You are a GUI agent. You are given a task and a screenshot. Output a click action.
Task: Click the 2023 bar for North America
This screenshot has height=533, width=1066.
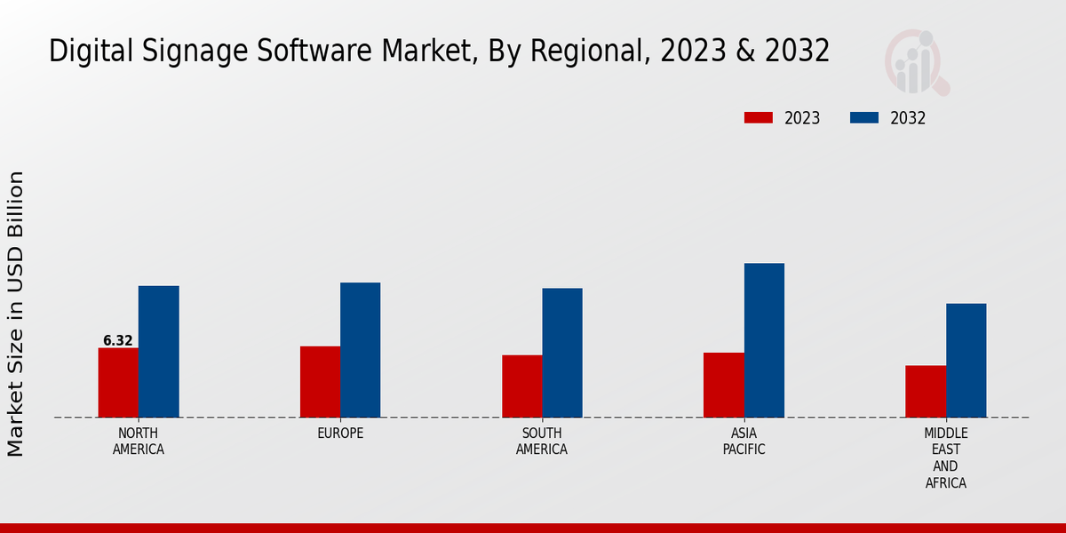point(118,383)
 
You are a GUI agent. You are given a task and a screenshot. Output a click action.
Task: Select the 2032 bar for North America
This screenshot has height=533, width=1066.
point(158,352)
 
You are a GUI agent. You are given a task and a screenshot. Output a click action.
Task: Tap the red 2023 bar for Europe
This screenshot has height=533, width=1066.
point(320,382)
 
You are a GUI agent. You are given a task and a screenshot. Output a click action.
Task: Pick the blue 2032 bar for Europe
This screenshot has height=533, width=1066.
point(360,350)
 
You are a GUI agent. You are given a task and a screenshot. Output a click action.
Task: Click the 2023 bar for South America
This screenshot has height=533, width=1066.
point(521,386)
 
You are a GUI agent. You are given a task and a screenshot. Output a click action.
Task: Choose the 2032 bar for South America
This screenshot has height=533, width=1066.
point(562,353)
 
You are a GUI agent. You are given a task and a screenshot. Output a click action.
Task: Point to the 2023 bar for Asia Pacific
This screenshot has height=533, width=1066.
point(723,385)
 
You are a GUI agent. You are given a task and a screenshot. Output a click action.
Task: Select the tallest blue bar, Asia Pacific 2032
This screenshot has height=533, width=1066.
point(764,340)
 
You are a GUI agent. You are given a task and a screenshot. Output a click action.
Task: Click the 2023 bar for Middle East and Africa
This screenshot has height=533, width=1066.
point(926,392)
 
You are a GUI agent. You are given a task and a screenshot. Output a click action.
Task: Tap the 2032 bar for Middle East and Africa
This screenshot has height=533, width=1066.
point(966,361)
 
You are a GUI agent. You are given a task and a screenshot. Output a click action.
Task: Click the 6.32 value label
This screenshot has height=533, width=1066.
point(118,340)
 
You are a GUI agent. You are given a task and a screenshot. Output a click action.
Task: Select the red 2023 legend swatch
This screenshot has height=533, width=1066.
point(759,118)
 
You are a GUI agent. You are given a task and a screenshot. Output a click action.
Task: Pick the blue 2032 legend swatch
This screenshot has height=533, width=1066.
point(864,118)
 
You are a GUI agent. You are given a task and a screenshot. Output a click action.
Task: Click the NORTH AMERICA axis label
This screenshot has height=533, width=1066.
point(139,442)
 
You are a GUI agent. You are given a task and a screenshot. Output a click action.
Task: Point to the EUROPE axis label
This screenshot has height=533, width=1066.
point(340,434)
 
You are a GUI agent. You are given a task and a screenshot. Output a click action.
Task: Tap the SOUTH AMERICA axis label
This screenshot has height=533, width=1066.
point(542,442)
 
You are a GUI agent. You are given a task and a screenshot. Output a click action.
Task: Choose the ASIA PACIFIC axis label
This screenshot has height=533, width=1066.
point(744,442)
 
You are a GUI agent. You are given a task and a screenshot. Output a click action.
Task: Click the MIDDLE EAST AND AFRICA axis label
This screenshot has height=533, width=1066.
point(945,458)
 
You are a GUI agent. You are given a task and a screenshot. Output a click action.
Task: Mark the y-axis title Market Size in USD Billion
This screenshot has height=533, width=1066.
point(16,314)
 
